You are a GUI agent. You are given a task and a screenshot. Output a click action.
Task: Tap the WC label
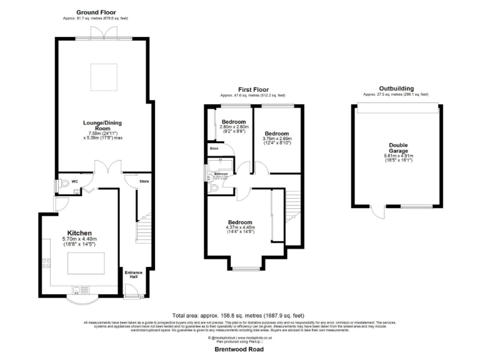tap(74, 182)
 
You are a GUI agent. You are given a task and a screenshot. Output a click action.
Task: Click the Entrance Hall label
tap(132, 275)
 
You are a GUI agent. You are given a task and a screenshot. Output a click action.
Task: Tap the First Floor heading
tap(252, 89)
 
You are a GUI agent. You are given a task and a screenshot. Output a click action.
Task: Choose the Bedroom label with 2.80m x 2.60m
tap(232, 122)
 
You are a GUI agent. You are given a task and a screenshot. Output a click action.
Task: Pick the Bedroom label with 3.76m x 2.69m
tap(277, 134)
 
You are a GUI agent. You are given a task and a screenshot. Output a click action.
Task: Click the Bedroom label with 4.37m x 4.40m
tap(239, 222)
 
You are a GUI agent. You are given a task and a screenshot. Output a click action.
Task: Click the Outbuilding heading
tap(396, 89)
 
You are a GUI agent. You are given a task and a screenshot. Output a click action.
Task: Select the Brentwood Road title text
tap(240, 349)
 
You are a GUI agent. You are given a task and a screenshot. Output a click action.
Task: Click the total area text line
tap(239, 316)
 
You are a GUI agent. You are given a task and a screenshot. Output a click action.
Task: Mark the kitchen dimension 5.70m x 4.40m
tap(79, 239)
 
